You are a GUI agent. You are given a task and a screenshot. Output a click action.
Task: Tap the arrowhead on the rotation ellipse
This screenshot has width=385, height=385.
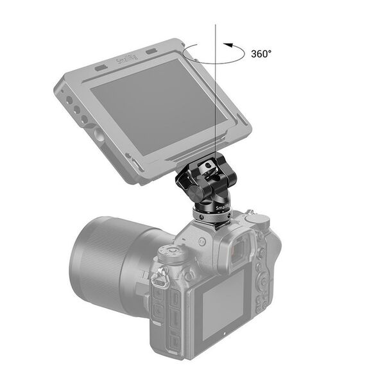click(227, 45)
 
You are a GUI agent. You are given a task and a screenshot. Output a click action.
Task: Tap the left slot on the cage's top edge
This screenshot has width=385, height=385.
click(101, 67)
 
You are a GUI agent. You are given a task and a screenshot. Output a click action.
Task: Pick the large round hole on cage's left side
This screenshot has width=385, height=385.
click(98, 135)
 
